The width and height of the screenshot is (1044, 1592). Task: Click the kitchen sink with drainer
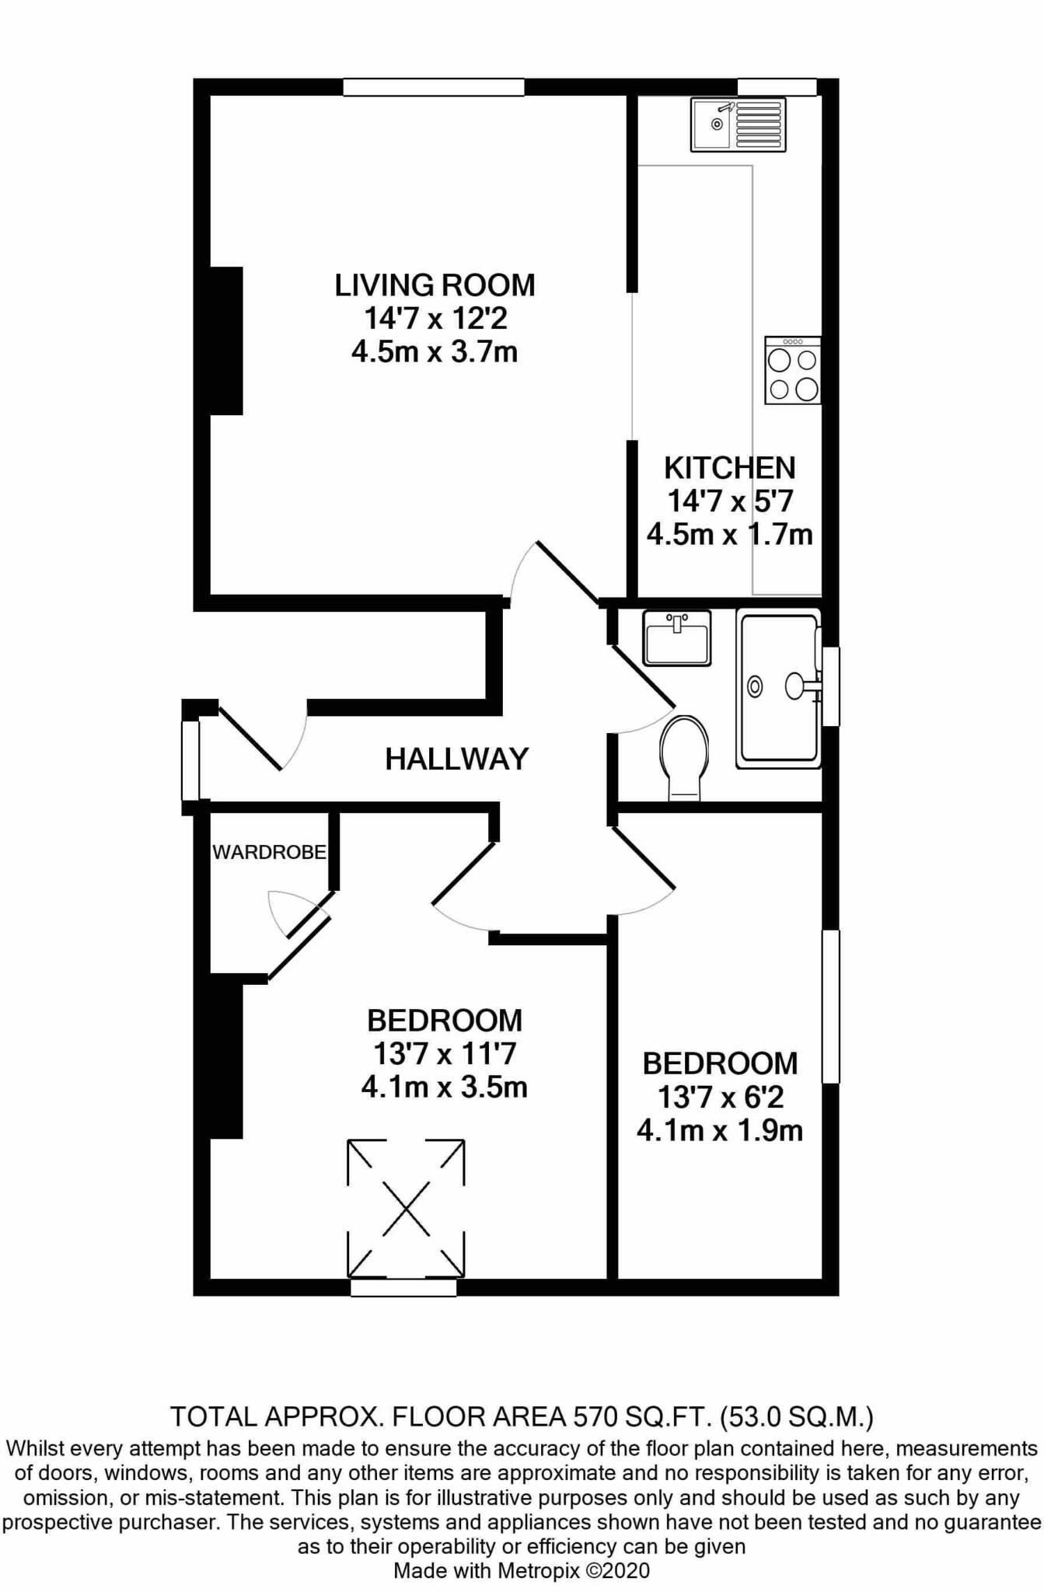[738, 124]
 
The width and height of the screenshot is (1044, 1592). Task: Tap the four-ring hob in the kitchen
[793, 370]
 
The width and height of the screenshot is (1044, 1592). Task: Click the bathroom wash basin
[677, 638]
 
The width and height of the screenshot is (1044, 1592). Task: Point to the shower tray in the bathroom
[779, 688]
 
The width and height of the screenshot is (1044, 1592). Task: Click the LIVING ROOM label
[435, 285]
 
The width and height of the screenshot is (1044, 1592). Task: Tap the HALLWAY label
[457, 759]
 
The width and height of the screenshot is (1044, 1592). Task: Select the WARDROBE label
[269, 853]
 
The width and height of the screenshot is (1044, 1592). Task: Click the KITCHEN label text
[730, 468]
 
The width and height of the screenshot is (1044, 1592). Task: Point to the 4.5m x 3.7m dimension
[435, 352]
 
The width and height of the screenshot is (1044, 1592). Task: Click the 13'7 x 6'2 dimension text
[721, 1097]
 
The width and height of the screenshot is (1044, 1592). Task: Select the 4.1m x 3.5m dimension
[445, 1087]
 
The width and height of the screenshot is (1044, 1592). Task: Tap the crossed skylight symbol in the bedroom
[406, 1209]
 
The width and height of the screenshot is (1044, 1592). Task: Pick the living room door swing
[554, 572]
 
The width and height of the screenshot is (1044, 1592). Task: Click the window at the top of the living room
[434, 87]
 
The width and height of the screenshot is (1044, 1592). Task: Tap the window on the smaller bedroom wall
[831, 1006]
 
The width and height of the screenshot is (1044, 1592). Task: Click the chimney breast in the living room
[226, 340]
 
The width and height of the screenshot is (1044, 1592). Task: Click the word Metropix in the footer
[539, 1571]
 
